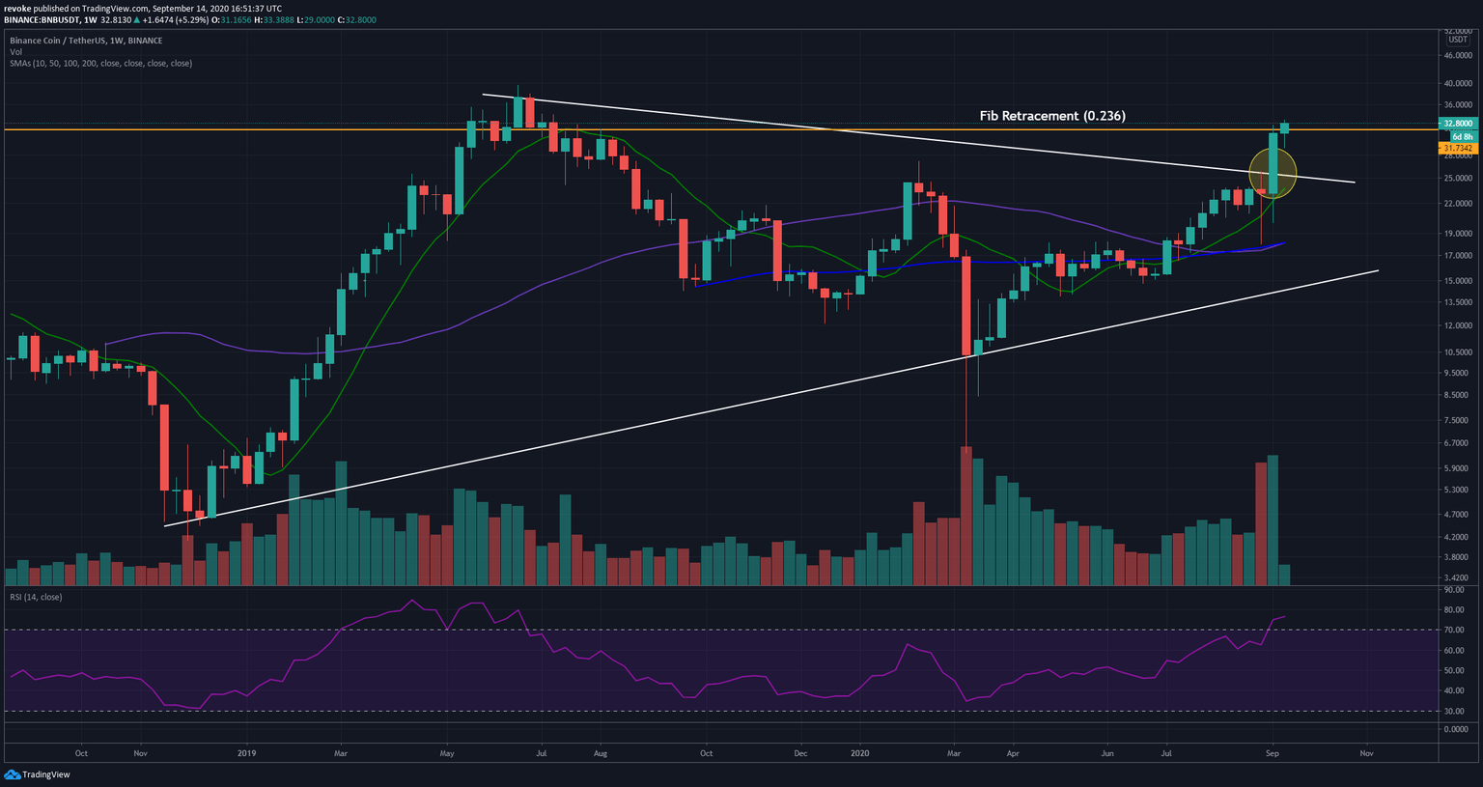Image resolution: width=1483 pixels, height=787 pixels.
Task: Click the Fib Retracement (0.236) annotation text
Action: pyautogui.click(x=1052, y=116)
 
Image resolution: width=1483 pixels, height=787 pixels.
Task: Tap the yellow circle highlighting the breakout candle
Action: pyautogui.click(x=1273, y=174)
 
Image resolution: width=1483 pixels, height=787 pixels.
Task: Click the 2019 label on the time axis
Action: pyautogui.click(x=247, y=753)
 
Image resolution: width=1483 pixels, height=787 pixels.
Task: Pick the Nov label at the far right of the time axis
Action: pyautogui.click(x=1366, y=753)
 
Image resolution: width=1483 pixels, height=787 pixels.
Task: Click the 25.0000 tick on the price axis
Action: pyautogui.click(x=1457, y=179)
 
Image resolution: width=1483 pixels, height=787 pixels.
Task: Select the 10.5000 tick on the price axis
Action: pyautogui.click(x=1457, y=352)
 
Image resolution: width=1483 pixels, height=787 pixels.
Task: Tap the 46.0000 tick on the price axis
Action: pyautogui.click(x=1457, y=56)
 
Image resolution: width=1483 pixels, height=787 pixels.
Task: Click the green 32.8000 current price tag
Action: pyautogui.click(x=1456, y=124)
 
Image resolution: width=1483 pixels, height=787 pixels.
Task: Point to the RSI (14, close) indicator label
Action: pyautogui.click(x=36, y=598)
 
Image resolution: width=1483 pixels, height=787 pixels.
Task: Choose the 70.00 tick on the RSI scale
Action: pyautogui.click(x=1454, y=631)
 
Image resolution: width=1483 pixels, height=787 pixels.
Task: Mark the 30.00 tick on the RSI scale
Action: pyautogui.click(x=1454, y=712)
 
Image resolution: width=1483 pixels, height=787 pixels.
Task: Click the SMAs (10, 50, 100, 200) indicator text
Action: pyautogui.click(x=100, y=64)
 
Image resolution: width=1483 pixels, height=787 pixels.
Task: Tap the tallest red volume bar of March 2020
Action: pyautogui.click(x=965, y=517)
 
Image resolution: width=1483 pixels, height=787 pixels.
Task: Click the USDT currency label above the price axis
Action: pyautogui.click(x=1457, y=41)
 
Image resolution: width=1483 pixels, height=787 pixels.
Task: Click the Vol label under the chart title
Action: pyautogui.click(x=15, y=52)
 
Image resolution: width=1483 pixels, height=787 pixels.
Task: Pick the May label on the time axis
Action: pyautogui.click(x=446, y=753)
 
